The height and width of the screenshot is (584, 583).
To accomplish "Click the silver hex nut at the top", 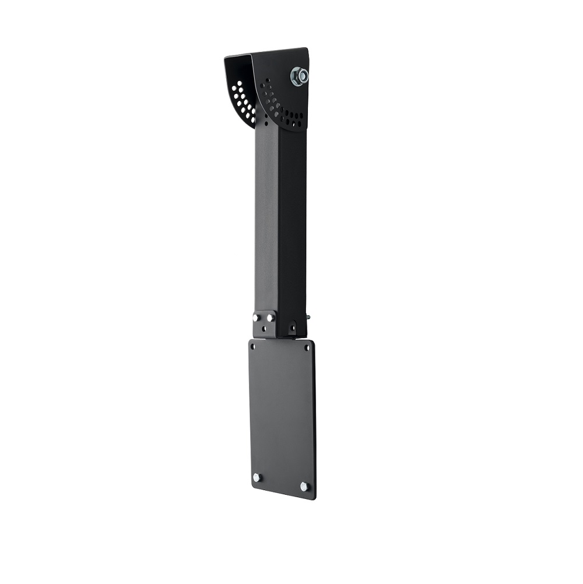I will (299, 76).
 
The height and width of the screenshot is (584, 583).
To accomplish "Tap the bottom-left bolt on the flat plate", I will (256, 477).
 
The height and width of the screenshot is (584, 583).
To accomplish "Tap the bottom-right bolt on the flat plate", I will (304, 486).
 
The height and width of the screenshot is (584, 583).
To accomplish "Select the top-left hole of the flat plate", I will (252, 346).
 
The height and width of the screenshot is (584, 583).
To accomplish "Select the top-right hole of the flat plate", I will (307, 349).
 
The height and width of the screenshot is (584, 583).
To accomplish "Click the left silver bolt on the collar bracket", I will (257, 318).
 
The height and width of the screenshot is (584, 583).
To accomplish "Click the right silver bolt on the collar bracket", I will (271, 318).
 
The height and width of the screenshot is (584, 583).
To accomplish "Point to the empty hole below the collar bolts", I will (264, 329).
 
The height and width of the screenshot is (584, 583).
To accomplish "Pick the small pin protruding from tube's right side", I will (308, 318).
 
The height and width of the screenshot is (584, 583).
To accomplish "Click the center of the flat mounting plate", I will (282, 417).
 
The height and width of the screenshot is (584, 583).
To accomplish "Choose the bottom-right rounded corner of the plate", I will (313, 496).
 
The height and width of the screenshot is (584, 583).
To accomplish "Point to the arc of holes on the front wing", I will (280, 108).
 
